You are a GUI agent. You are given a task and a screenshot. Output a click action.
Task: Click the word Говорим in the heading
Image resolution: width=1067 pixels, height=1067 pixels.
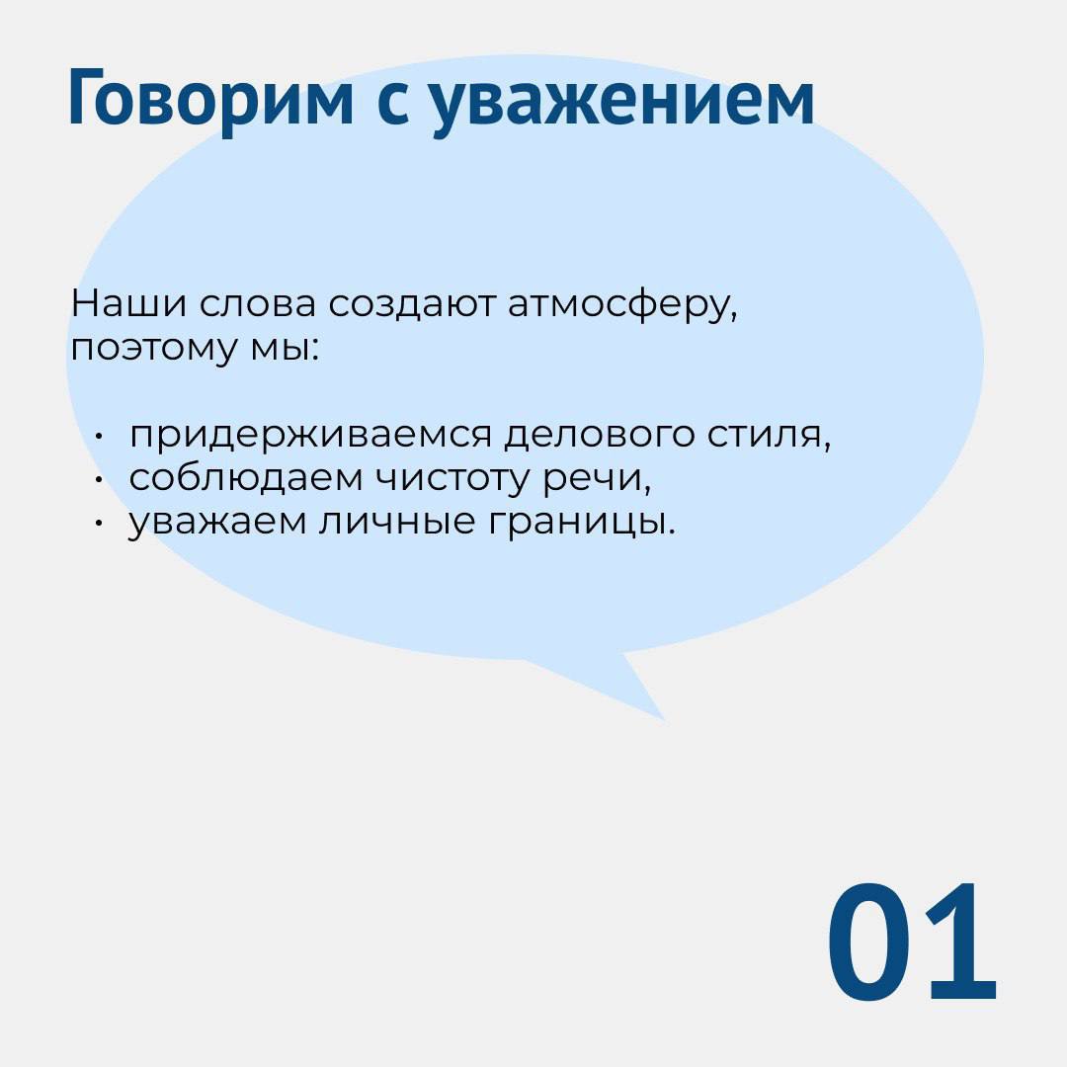211,100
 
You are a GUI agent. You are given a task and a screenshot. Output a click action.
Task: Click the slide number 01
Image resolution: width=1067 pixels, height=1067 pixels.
912,942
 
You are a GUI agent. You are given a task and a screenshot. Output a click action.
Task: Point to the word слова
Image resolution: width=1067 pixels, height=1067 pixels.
258,305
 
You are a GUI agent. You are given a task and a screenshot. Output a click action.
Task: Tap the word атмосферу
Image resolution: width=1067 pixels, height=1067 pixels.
622,307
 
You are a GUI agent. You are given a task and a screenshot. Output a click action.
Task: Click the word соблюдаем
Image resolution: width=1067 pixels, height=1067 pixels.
246,479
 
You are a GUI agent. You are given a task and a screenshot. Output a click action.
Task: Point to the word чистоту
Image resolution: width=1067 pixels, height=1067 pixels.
452,480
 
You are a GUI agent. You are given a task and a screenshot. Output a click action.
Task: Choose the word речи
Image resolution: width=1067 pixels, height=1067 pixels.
597,481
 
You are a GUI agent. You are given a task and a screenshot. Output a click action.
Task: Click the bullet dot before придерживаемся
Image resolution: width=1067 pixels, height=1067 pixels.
99,437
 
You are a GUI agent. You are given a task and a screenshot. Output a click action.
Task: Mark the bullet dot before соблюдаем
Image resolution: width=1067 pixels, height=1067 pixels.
99,480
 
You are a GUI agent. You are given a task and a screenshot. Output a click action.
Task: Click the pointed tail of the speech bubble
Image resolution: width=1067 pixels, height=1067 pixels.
665,720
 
